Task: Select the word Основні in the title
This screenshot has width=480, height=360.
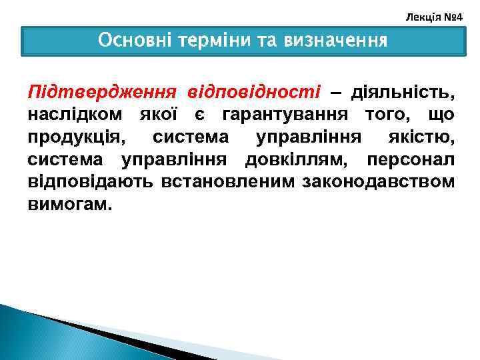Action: pyautogui.click(x=131, y=41)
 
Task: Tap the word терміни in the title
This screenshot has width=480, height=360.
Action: pyautogui.click(x=203, y=41)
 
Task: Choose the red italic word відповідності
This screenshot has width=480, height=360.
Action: pyautogui.click(x=254, y=90)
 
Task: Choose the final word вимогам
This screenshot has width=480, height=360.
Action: pyautogui.click(x=69, y=205)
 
